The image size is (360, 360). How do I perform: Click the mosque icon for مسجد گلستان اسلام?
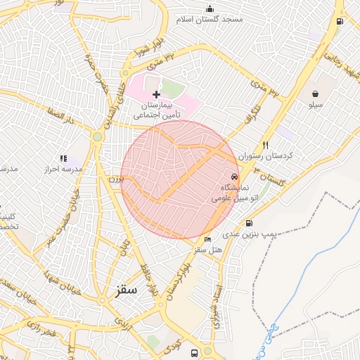click(x=210, y=8)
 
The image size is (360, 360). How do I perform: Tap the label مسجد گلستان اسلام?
click(x=212, y=19)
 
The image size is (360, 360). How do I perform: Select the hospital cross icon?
click(x=156, y=94)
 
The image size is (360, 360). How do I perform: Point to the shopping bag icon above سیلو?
click(x=315, y=93)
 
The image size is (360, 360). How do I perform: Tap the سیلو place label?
click(x=315, y=105)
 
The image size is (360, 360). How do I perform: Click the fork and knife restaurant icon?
click(x=265, y=145)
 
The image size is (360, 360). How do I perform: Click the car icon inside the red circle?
click(x=234, y=177)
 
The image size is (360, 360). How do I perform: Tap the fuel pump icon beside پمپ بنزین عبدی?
click(x=250, y=223)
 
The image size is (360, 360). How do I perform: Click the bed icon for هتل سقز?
click(x=207, y=240)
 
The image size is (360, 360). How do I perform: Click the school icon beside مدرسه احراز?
click(x=63, y=159)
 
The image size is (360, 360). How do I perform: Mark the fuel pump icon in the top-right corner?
click(x=340, y=21)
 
